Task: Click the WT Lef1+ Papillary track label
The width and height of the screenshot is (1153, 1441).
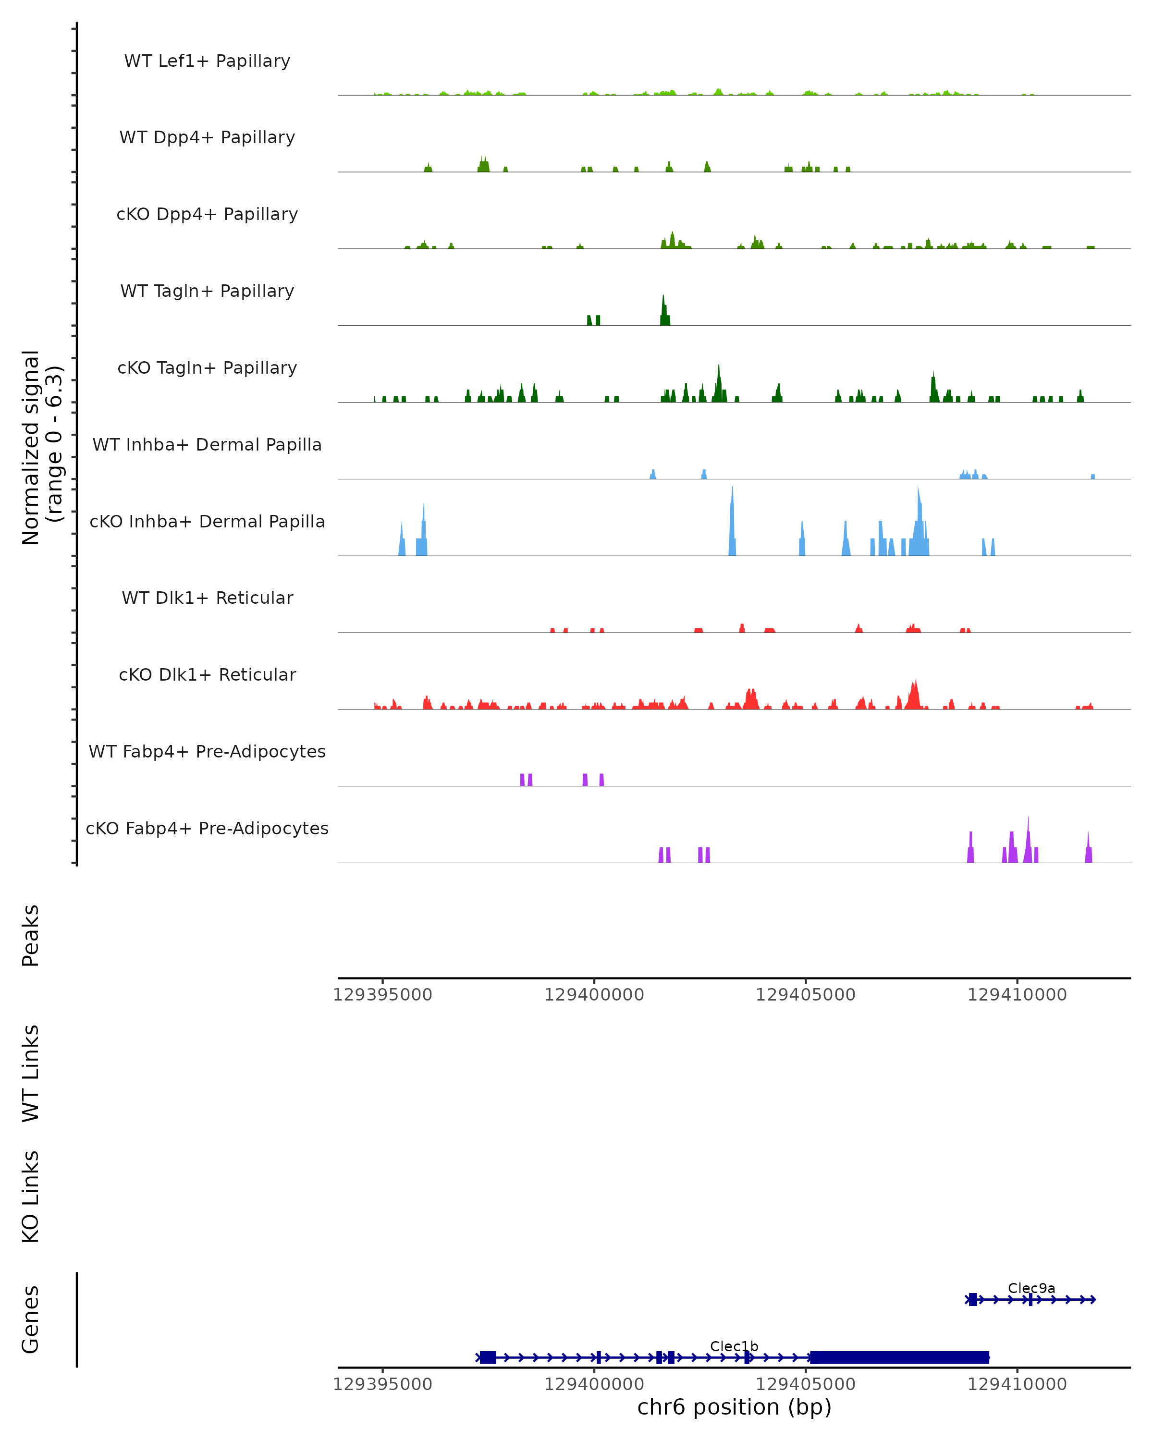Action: coord(207,61)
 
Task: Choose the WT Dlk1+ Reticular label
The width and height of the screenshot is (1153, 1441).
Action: coord(207,598)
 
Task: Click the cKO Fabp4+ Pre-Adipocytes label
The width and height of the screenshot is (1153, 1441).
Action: coord(207,828)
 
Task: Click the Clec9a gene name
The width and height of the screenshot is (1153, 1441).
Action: coord(1031,1288)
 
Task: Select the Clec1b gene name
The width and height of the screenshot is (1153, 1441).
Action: coord(734,1346)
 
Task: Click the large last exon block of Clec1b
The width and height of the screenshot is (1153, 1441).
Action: coord(899,1357)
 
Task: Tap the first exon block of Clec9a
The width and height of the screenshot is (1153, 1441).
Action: coord(972,1299)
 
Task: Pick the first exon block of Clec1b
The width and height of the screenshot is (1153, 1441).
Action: coord(488,1357)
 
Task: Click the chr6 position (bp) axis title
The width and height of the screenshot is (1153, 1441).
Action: coord(734,1407)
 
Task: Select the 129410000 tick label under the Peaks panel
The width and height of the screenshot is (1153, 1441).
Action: coord(1017,995)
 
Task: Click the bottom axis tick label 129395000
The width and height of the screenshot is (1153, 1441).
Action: coord(382,1383)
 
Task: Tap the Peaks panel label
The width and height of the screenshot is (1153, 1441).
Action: coord(31,935)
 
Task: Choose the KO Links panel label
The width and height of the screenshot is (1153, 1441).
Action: coord(31,1197)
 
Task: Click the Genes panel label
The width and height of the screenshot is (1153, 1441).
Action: coord(31,1319)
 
